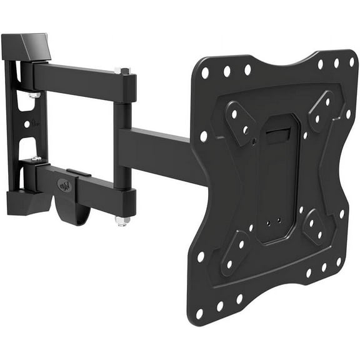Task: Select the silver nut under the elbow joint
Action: pos(122,221)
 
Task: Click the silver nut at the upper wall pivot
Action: pos(34,95)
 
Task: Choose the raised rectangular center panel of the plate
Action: pos(276,181)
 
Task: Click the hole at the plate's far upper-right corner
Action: pos(352,61)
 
